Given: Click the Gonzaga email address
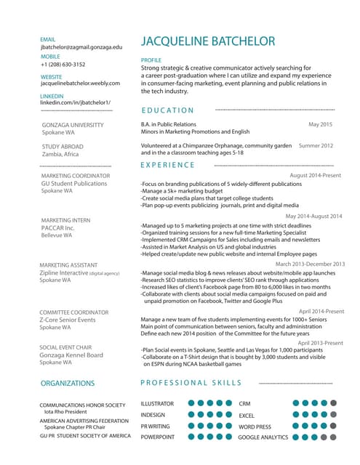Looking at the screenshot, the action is pos(81,46).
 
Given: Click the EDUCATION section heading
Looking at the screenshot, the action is pos(168,110).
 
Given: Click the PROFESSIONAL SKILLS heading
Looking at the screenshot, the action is pos(191,383).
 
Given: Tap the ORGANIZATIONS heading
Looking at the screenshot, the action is pos(68,383).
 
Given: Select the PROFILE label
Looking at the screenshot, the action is pos(151,60).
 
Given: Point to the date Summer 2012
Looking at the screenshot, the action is pos(316,145).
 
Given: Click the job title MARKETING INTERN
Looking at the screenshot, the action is pos(65,220).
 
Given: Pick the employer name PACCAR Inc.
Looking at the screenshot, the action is pos(57,228).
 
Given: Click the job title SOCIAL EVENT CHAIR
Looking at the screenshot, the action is pos(65,347).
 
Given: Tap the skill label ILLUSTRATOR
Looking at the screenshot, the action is pos(157,403).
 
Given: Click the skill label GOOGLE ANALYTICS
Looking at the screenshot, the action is pos(263,437).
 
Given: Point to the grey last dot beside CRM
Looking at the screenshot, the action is pos(333,403).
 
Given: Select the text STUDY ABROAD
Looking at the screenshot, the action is pos(63,147).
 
